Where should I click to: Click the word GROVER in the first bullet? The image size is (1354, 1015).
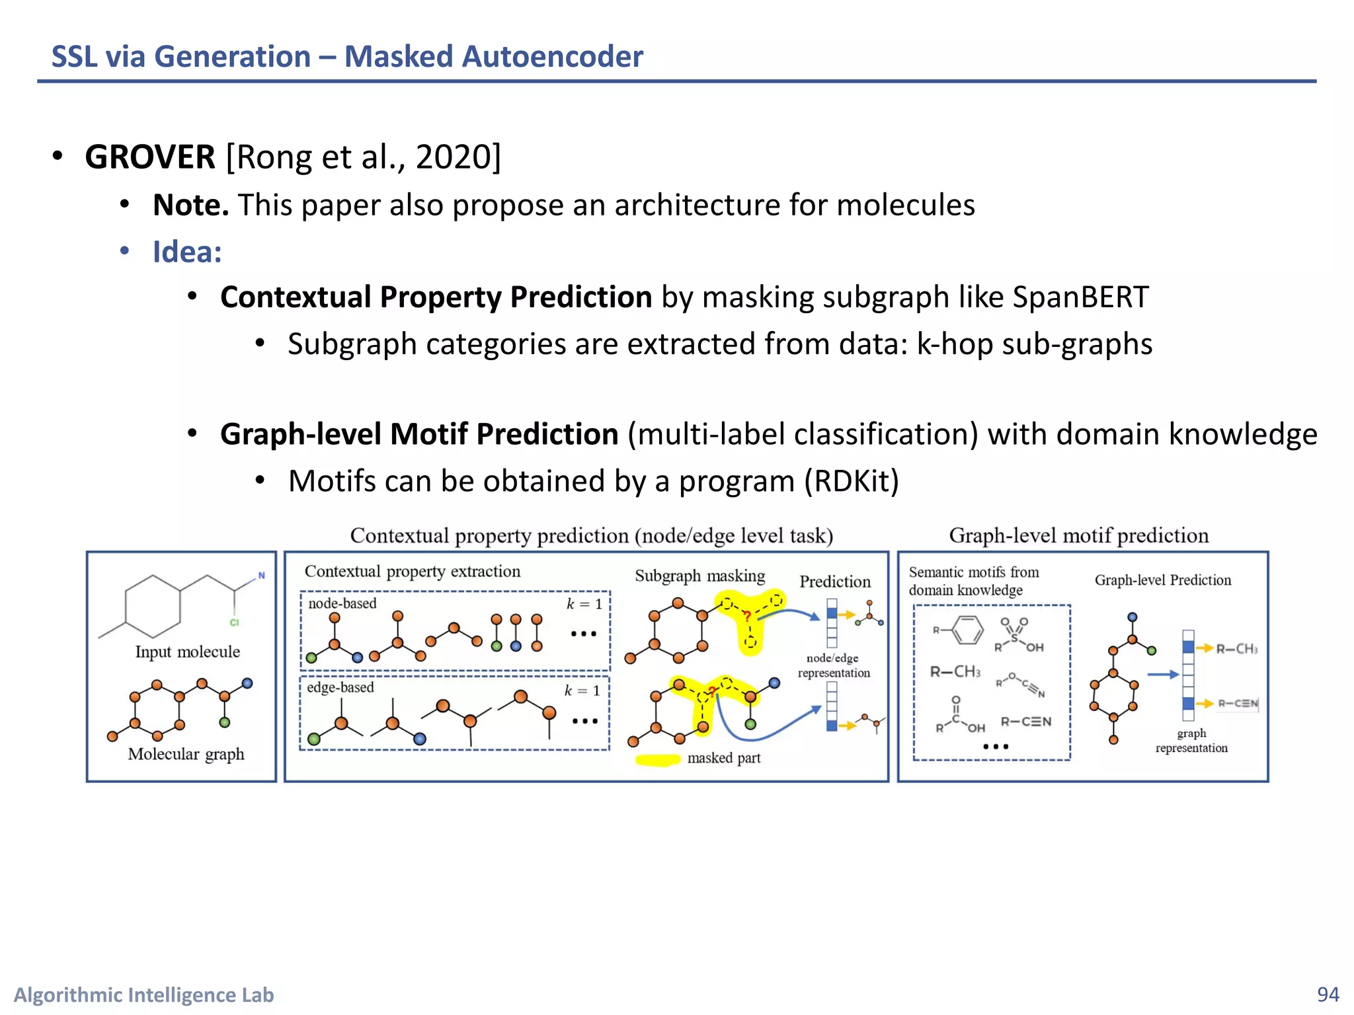coord(150,157)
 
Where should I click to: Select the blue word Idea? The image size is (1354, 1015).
coord(187,252)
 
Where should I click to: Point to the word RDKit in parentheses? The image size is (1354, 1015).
coord(851,481)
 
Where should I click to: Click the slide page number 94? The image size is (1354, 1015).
coord(1328,994)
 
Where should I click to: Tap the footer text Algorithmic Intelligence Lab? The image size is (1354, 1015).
coord(144,995)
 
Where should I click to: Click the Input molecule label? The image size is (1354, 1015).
coord(187,652)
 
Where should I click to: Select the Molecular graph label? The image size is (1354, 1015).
coord(186,754)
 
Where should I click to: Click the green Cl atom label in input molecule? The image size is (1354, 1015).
coord(234,622)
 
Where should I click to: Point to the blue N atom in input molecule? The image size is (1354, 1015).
coord(261,576)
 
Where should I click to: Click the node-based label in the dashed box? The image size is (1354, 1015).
coord(342,603)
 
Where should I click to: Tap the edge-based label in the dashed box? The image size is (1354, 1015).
coord(340,687)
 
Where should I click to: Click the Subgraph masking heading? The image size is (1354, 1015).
coord(699,576)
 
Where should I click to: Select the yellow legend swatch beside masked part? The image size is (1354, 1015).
coord(657,760)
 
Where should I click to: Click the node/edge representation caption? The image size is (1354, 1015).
coord(833,665)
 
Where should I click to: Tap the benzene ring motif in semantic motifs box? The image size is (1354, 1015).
coord(967,630)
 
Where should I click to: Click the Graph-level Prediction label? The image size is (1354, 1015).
coord(1162,580)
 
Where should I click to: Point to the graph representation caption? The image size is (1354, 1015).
coord(1191,741)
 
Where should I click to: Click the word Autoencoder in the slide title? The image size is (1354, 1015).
coord(552,57)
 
